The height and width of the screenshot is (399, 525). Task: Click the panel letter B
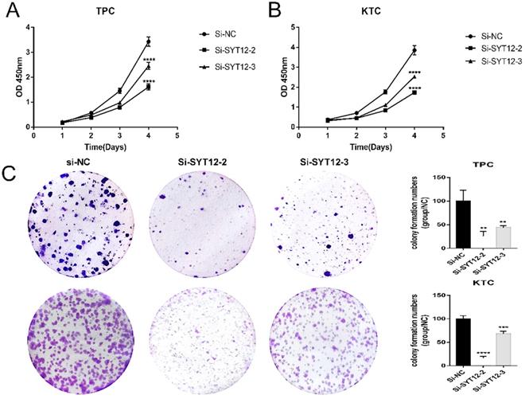pyautogui.click(x=273, y=12)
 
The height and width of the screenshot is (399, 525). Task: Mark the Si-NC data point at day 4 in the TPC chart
pyautogui.click(x=148, y=41)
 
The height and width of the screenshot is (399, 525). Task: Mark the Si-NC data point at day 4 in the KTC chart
pyautogui.click(x=414, y=50)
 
